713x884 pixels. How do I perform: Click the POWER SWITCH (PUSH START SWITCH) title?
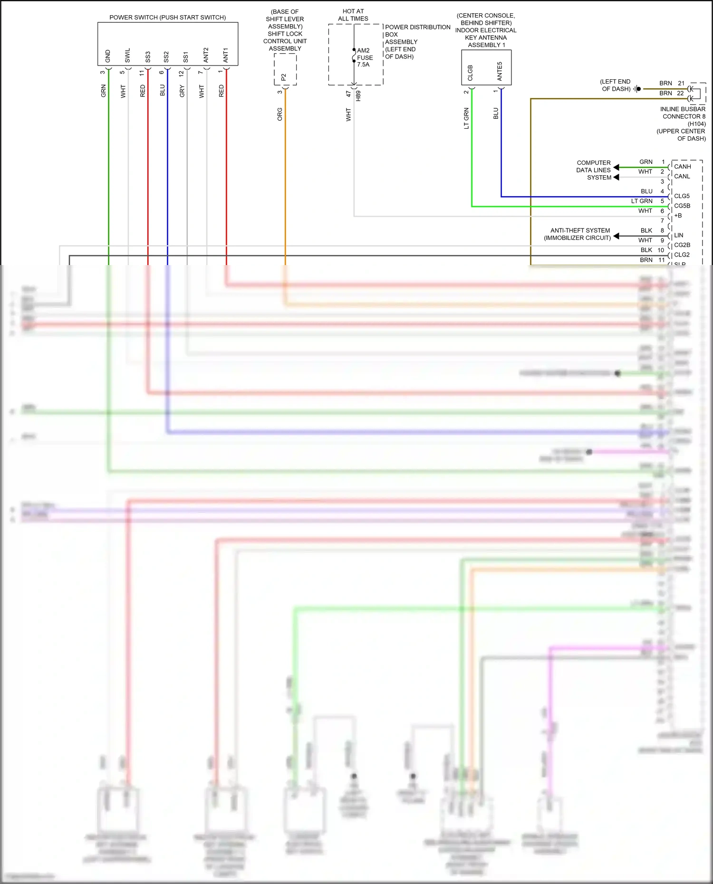click(167, 18)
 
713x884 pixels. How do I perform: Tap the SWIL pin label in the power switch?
click(127, 55)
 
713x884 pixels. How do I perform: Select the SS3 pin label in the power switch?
click(148, 57)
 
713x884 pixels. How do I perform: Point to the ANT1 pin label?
click(226, 55)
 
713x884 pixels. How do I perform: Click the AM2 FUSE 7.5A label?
click(365, 57)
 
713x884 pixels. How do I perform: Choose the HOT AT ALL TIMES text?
click(353, 15)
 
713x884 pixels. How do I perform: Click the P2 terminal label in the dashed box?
click(284, 76)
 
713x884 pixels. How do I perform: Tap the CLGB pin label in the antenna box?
click(470, 73)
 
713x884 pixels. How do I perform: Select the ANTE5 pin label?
click(500, 71)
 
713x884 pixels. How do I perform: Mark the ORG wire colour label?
click(280, 114)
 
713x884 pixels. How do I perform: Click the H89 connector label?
click(358, 95)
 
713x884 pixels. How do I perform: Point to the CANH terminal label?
click(683, 167)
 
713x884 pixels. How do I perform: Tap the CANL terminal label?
click(682, 177)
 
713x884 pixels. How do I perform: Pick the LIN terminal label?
click(679, 236)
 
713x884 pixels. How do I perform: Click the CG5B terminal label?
click(682, 206)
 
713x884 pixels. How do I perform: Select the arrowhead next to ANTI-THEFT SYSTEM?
click(616, 236)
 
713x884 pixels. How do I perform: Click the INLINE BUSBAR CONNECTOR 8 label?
click(683, 113)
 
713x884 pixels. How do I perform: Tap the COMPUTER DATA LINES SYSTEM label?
click(594, 170)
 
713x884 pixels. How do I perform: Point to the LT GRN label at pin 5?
click(642, 201)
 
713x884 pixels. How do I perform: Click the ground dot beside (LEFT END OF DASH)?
click(638, 89)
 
